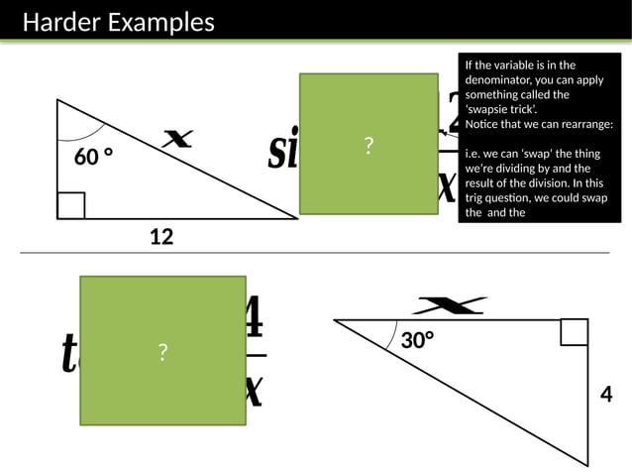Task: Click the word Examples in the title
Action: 159,22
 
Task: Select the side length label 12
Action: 161,236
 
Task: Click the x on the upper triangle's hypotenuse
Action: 177,142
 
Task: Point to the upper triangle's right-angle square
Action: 71,205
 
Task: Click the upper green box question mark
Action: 369,147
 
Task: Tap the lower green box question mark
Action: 162,352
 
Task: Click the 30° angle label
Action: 418,340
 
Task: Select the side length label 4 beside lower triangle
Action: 606,394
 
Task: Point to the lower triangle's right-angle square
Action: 574,332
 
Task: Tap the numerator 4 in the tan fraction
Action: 253,317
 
